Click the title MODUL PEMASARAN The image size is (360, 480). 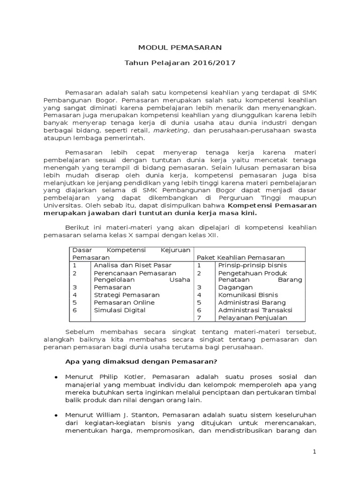click(180, 47)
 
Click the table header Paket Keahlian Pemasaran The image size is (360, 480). click(240, 258)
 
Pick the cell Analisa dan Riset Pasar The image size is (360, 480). click(127, 265)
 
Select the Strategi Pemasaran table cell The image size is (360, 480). click(127, 295)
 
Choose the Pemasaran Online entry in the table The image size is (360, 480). click(124, 303)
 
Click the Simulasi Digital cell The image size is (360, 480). click(120, 310)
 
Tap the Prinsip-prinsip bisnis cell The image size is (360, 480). click(252, 265)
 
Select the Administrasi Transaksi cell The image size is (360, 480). click(255, 310)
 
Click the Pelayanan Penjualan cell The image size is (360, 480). click(251, 318)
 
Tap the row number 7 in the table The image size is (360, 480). click(199, 318)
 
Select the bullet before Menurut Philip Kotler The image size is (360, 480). click(56, 377)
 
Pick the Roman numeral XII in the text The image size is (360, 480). click(213, 235)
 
